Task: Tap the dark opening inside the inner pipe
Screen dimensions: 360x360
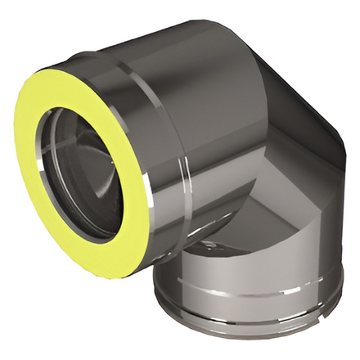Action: coord(86,176)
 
